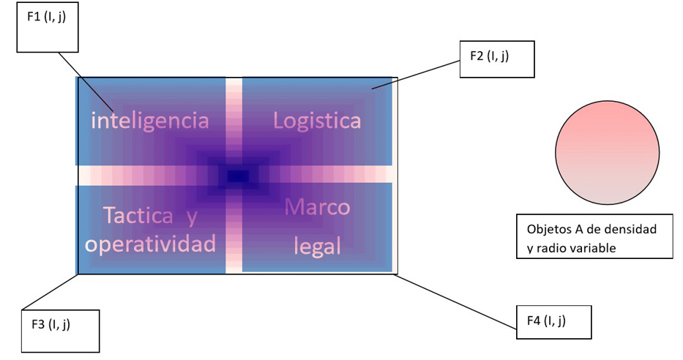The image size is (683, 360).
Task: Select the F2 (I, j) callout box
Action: point(496,59)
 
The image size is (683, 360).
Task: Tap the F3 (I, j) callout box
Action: point(61,331)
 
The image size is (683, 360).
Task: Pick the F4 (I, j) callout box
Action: point(552,322)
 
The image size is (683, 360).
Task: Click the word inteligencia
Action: point(149,121)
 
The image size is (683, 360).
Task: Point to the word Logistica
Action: point(316,120)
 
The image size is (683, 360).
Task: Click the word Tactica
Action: point(138,216)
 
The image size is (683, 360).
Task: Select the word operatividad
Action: point(150,244)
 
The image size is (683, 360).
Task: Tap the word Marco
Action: point(317,207)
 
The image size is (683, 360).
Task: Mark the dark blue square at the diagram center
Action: point(238,176)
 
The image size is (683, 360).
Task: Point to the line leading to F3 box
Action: point(51,291)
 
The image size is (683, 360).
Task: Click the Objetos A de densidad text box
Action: point(594,236)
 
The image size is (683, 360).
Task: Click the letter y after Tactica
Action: point(192,217)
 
